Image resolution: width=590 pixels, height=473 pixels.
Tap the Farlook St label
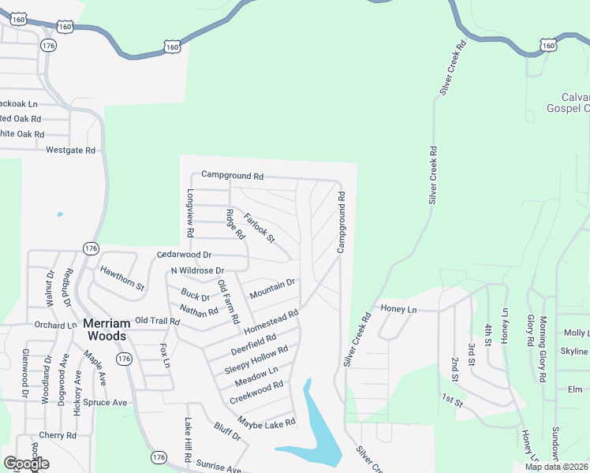pyautogui.click(x=259, y=228)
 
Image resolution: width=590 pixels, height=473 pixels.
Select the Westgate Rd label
pyautogui.click(x=70, y=150)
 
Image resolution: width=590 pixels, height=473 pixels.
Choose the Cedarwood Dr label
pyautogui.click(x=185, y=255)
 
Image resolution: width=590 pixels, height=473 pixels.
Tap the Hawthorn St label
pyautogui.click(x=122, y=277)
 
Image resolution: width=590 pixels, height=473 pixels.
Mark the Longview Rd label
pyautogui.click(x=190, y=214)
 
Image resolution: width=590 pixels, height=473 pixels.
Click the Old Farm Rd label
pyautogui.click(x=228, y=302)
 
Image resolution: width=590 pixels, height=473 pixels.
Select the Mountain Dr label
pyautogui.click(x=272, y=289)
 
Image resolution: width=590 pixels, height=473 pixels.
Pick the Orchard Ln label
pyautogui.click(x=55, y=325)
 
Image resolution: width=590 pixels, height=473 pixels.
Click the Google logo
pyautogui.click(x=26, y=464)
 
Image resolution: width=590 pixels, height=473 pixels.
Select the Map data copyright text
pyautogui.click(x=556, y=467)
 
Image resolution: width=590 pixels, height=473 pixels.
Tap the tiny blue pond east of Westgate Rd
pyautogui.click(x=59, y=214)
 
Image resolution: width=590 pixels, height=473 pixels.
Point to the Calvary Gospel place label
pyautogui.click(x=567, y=102)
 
